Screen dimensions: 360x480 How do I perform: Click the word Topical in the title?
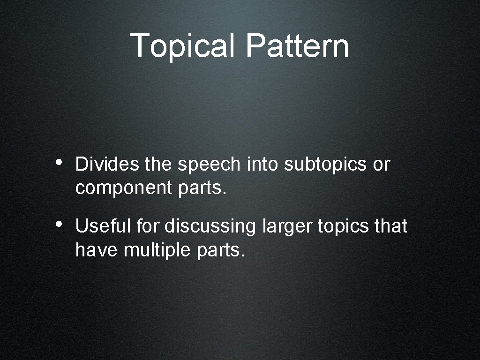point(183,45)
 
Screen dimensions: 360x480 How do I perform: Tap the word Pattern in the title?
point(297,45)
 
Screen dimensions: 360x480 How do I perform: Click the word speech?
point(209,165)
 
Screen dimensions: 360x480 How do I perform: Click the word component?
point(124,188)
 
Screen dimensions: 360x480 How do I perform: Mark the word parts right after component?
point(202,188)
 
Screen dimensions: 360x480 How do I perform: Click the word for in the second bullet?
point(148,227)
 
